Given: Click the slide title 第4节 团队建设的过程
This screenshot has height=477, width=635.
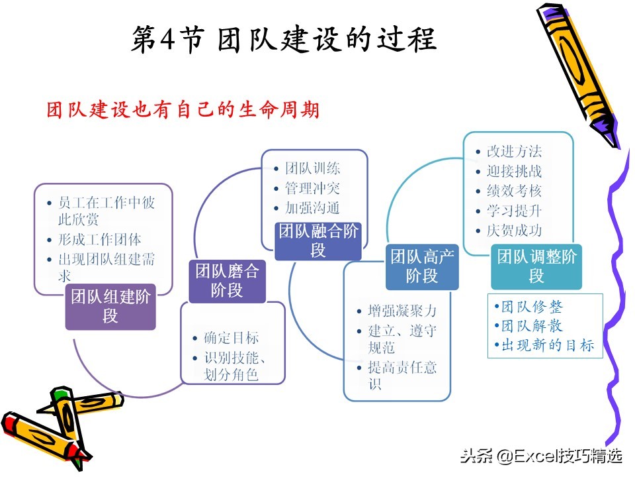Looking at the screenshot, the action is pos(284,39).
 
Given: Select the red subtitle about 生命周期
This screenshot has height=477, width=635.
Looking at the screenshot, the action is pos(183,109).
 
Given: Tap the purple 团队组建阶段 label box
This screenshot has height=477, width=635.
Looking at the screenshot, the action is pos(110,306).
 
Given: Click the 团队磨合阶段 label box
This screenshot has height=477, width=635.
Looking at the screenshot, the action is pos(227,281).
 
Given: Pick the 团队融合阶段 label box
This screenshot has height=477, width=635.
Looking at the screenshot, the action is pos(318,241).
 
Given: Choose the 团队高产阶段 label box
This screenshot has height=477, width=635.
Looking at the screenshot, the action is pos(422,266).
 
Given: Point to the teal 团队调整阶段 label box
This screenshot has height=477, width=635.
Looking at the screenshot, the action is pos(536,266).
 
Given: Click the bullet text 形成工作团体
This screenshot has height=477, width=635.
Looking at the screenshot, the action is pos(100,239).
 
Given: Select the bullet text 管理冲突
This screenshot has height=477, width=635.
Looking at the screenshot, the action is pos(312,187).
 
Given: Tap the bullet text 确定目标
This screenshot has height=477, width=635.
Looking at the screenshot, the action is pos(232,337).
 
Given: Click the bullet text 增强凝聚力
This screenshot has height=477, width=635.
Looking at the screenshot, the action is pos(402,311).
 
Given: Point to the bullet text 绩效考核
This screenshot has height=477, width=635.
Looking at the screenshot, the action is pos(515,191).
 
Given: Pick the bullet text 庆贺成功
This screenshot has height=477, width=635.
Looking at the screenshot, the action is pos(515,231).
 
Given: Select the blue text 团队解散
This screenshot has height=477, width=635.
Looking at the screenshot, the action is pos(532,325).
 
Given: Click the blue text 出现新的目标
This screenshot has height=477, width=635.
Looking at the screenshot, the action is pos(548,345).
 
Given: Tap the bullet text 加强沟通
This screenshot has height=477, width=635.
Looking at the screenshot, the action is pos(312,207).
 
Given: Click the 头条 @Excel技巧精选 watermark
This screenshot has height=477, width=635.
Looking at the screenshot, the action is pos(542,456).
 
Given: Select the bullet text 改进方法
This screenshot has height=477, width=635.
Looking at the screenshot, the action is pos(515,151).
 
